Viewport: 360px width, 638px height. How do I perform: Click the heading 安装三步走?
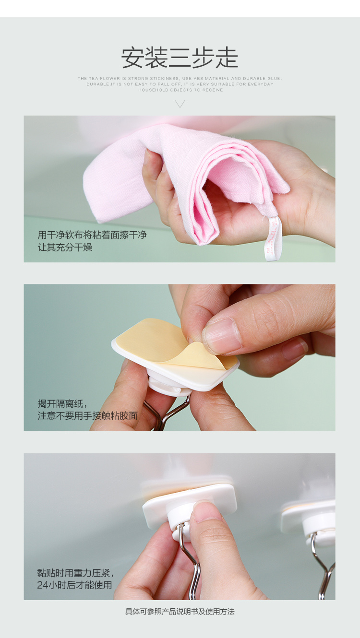[x=180, y=58]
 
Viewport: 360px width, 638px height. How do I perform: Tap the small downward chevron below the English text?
[x=180, y=104]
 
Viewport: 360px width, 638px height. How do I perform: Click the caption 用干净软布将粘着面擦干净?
[x=92, y=235]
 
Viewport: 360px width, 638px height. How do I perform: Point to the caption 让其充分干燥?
[x=65, y=247]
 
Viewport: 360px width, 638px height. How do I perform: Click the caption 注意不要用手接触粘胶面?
[x=88, y=416]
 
